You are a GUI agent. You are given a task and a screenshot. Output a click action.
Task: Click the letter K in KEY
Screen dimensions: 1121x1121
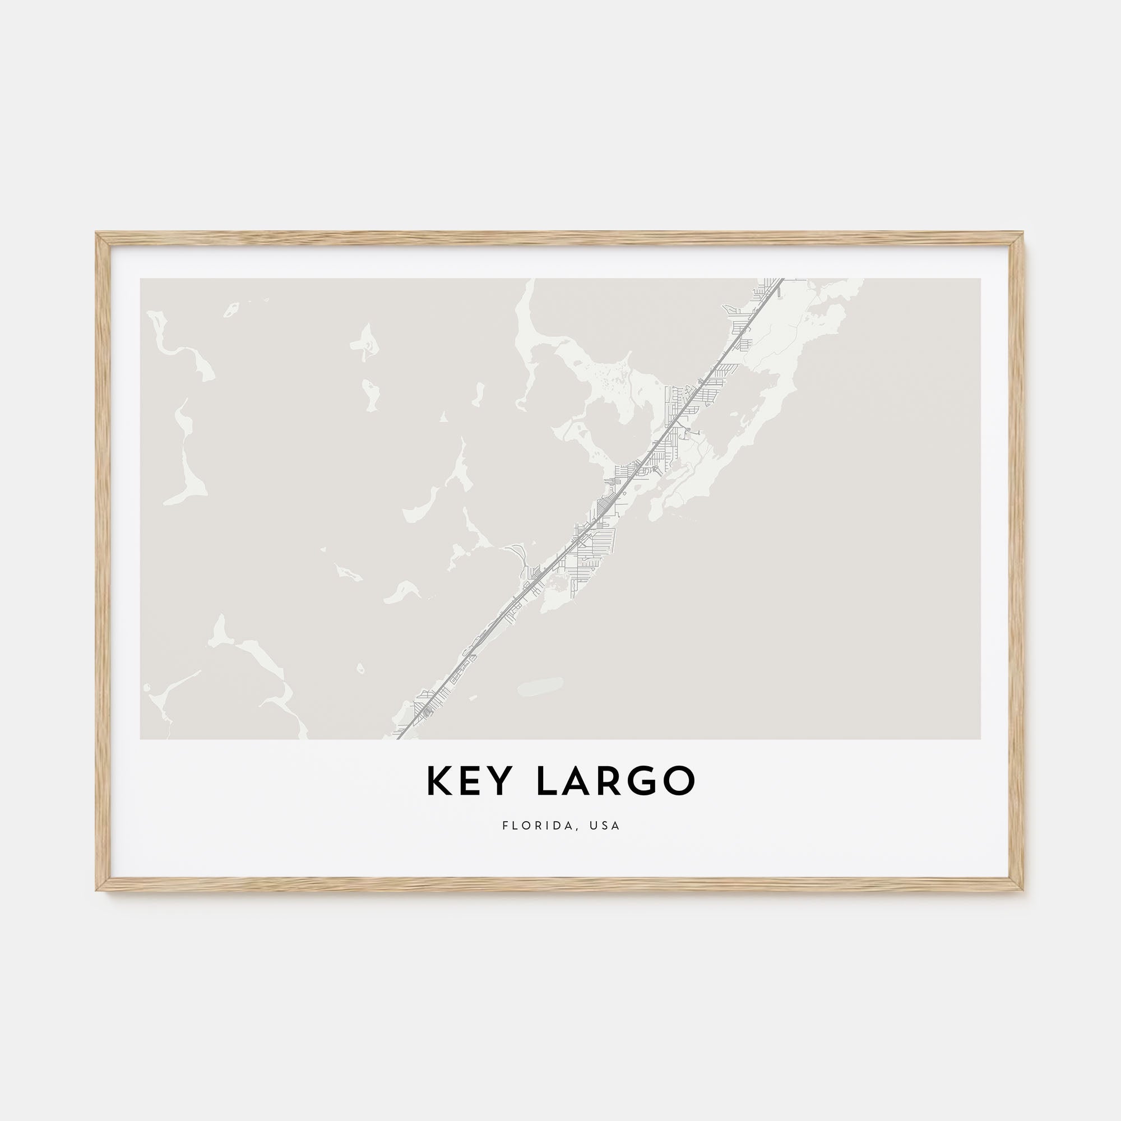tap(440, 782)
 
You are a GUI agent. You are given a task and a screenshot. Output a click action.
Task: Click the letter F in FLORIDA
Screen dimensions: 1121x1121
tap(506, 826)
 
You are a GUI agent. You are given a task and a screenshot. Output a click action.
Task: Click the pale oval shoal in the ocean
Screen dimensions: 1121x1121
tap(540, 686)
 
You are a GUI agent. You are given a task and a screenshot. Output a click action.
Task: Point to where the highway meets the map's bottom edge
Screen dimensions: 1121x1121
tap(398, 738)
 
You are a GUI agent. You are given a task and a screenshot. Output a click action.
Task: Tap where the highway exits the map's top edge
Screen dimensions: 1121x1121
tap(781, 280)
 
